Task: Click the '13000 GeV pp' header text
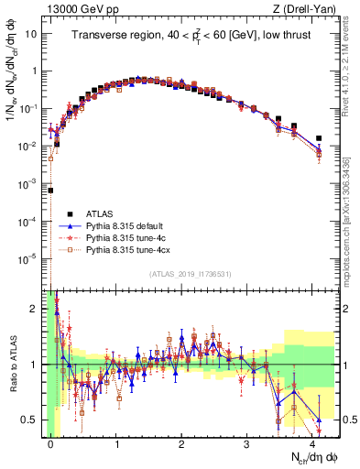click(x=74, y=9)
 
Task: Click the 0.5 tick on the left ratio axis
click(x=35, y=420)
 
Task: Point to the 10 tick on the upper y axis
click(x=33, y=34)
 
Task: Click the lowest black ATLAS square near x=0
click(x=51, y=191)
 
